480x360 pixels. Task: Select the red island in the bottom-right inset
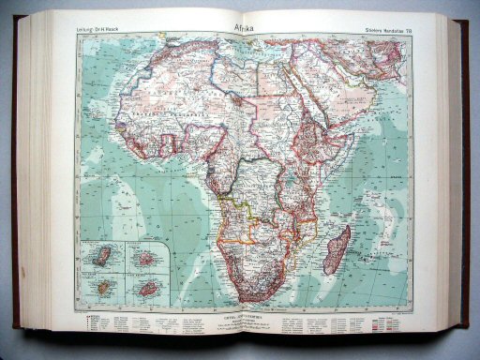[x=147, y=288]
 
